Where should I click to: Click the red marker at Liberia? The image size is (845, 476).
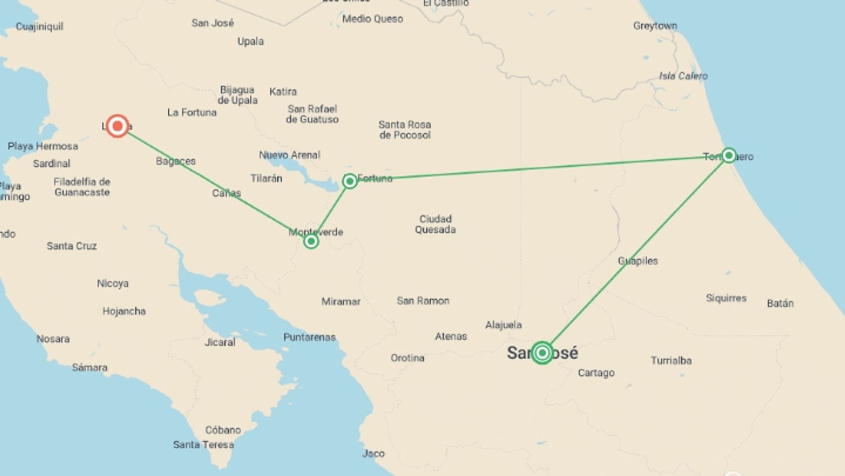pos(118,126)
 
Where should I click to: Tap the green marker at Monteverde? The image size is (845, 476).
pos(311,241)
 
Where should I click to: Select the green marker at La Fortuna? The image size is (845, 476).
pos(350,181)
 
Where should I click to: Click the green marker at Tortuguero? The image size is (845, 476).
pos(729,155)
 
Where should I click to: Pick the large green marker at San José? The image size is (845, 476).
pos(542,353)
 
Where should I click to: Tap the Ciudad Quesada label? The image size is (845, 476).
pos(435,224)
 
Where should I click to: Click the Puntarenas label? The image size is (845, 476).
pos(309,338)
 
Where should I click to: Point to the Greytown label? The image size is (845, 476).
pos(655,26)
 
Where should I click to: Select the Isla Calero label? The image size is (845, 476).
pos(683,76)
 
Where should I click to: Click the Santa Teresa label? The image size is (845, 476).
pos(203,445)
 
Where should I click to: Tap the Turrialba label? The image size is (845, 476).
pos(671,361)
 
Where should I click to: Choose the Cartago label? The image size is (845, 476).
pos(596,373)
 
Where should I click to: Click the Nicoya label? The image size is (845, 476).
pos(113,283)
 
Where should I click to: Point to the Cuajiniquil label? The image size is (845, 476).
pos(40,27)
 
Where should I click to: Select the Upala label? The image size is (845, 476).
pos(250,41)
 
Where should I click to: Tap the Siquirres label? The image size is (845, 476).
pos(726,298)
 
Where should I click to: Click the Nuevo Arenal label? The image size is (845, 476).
pos(289,155)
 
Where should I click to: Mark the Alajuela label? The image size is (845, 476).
pos(503,325)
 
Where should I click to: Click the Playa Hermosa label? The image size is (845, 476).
pos(43,146)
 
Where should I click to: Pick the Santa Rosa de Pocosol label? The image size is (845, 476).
pos(405,130)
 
